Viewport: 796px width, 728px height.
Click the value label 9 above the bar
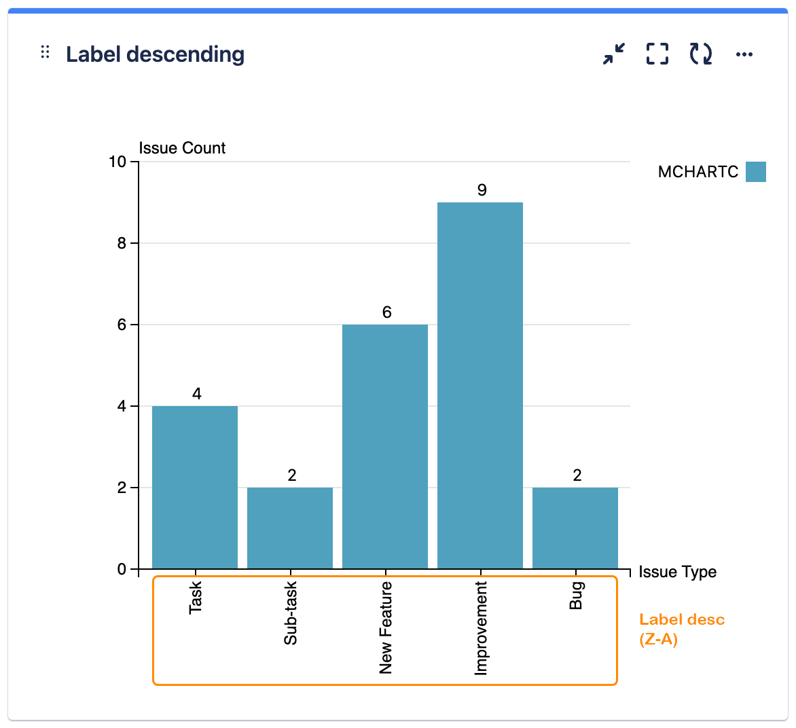click(482, 190)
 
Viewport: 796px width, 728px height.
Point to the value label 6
click(386, 312)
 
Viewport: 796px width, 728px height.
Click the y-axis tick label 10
click(117, 162)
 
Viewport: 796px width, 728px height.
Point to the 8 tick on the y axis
click(122, 243)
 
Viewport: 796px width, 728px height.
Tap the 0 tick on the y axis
click(122, 569)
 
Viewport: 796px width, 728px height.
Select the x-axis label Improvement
click(481, 628)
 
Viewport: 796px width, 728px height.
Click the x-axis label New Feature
click(386, 627)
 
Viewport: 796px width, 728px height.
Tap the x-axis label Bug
click(576, 596)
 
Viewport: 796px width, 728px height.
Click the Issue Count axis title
click(182, 148)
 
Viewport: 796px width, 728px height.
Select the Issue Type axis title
click(677, 572)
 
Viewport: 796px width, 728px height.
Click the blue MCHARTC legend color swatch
click(755, 172)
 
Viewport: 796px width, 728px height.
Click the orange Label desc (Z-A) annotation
click(681, 630)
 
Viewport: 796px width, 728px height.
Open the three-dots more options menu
click(744, 54)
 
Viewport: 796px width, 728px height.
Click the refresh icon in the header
click(701, 54)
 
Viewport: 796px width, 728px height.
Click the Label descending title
click(155, 54)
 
